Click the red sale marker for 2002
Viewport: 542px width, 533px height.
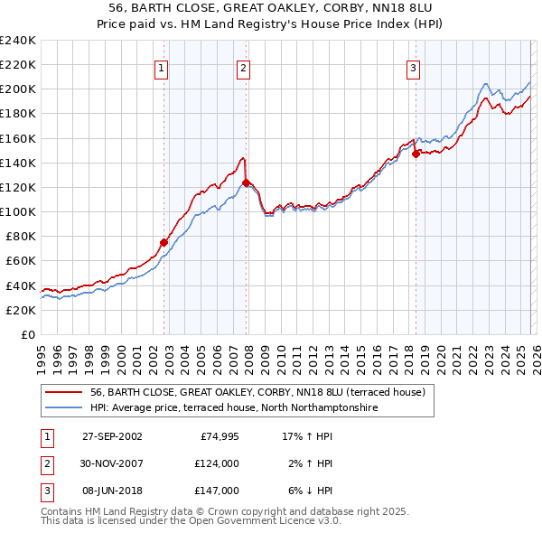pos(164,242)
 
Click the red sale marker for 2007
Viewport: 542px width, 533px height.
pos(246,182)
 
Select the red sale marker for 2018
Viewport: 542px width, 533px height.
pos(416,154)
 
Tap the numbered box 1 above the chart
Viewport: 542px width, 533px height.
pos(161,67)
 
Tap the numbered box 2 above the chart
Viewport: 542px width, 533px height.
pos(244,67)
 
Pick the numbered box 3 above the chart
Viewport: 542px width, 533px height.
pos(413,67)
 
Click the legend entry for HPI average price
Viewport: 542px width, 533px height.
pos(233,408)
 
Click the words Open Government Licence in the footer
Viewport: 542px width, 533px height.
pos(251,520)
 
